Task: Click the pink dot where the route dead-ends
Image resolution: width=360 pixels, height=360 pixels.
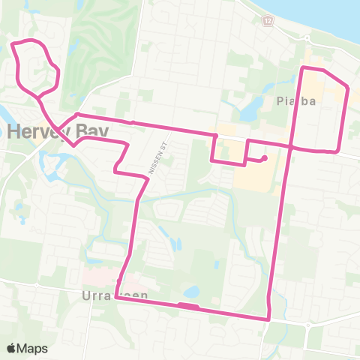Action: [x=265, y=158]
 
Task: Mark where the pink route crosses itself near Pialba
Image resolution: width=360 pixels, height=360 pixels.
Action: [x=289, y=145]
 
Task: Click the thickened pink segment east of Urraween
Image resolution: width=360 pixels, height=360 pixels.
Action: [x=187, y=305]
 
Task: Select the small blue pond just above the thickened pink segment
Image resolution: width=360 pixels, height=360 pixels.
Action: [x=191, y=290]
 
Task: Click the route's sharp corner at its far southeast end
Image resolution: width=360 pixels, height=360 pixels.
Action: [x=268, y=319]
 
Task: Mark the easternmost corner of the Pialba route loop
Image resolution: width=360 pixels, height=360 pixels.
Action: [x=348, y=88]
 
